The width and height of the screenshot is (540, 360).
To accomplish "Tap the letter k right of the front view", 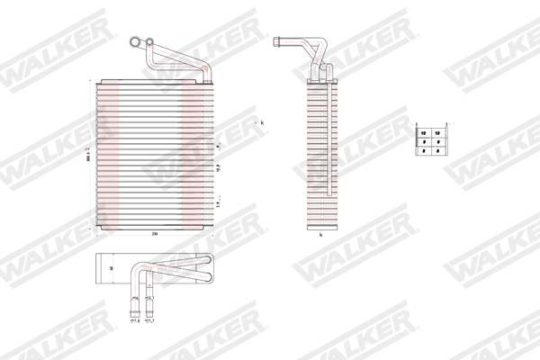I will (x=264, y=121).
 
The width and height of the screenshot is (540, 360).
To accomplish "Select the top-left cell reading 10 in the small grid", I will (x=423, y=134).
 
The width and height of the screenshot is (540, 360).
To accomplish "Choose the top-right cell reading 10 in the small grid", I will (x=437, y=134).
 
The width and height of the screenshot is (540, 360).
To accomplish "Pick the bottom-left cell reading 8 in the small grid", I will (x=423, y=153).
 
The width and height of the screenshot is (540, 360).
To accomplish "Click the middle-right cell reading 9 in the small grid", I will (x=437, y=143).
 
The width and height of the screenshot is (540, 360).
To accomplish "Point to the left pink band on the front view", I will (x=111, y=153).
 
